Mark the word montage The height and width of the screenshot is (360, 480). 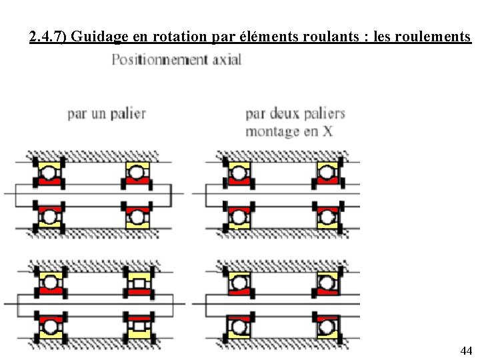272,131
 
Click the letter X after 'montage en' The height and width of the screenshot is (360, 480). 327,131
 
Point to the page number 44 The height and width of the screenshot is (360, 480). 466,351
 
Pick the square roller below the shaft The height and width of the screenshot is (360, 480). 139,326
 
